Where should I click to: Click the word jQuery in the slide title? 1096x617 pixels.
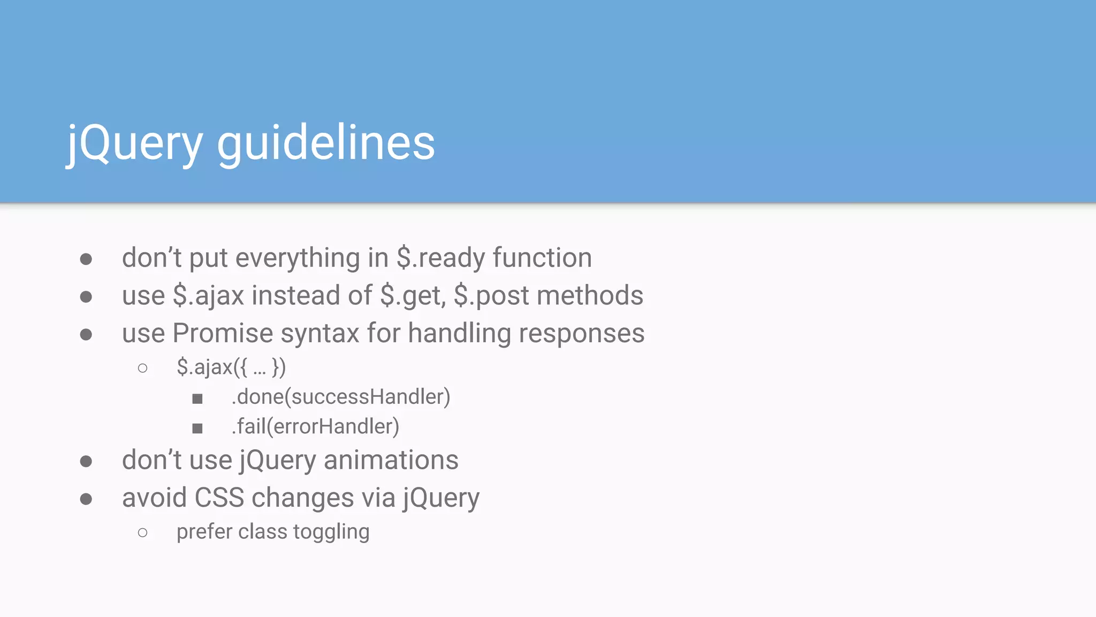coord(134,144)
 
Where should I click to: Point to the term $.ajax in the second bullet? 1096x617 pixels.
coord(208,296)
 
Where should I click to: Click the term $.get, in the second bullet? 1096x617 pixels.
coord(413,296)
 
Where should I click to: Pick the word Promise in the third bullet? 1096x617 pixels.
coord(223,333)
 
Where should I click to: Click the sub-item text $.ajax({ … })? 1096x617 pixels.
coord(231,367)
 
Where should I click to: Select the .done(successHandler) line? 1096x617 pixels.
coord(341,397)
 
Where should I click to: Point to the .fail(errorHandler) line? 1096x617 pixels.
coord(315,427)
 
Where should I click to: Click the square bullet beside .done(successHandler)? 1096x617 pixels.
coord(197,398)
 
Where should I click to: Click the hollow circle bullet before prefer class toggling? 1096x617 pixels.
coord(142,532)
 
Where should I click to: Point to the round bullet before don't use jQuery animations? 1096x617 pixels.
coord(86,461)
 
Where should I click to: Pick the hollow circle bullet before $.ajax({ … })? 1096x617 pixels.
coord(142,368)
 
